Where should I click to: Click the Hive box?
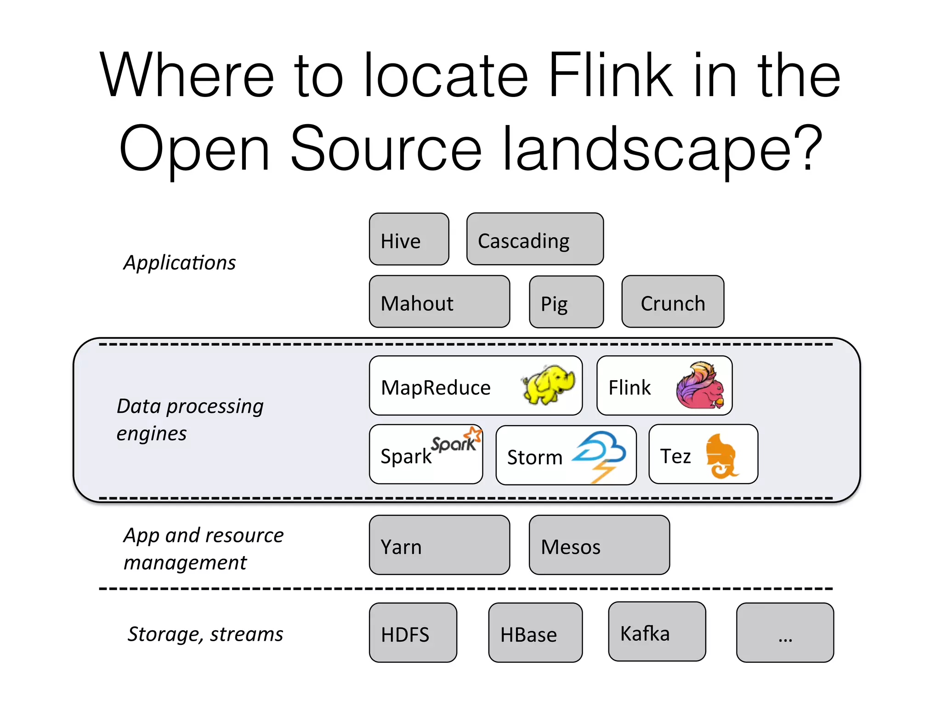[409, 239]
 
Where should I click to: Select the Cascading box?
[535, 239]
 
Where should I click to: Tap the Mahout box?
[439, 302]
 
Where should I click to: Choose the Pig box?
[566, 302]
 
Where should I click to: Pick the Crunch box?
[673, 302]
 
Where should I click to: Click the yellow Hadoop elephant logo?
[548, 385]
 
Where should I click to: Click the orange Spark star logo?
[473, 434]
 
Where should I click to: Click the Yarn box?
[439, 545]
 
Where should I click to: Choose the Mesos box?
[599, 545]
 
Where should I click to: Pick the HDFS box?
[413, 633]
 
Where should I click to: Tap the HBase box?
[535, 633]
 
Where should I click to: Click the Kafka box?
[657, 632]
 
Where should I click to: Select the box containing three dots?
[785, 633]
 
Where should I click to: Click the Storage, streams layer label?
[205, 634]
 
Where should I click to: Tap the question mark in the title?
[808, 147]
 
